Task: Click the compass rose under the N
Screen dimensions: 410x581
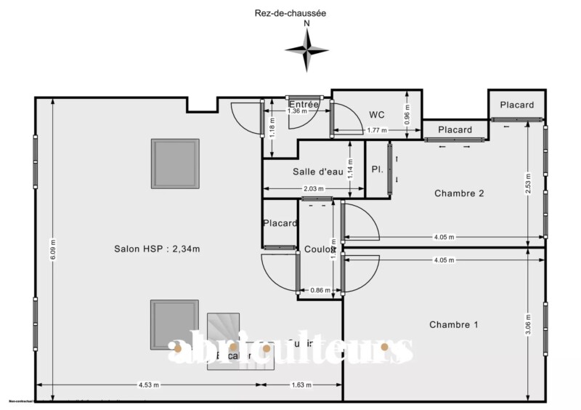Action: click(307, 49)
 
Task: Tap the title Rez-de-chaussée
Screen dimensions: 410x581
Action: click(290, 12)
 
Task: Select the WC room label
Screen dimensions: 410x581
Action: click(376, 114)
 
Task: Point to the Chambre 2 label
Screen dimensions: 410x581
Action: click(459, 193)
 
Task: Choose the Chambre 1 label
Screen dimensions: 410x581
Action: click(453, 324)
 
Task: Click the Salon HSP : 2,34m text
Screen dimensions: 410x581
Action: click(157, 249)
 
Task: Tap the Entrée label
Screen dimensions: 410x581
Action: click(304, 105)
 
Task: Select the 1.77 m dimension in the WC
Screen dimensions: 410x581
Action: click(376, 130)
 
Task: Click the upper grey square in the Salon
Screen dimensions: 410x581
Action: click(175, 164)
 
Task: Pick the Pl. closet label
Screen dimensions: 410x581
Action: click(377, 169)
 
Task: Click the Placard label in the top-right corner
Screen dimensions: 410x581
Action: click(516, 105)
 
